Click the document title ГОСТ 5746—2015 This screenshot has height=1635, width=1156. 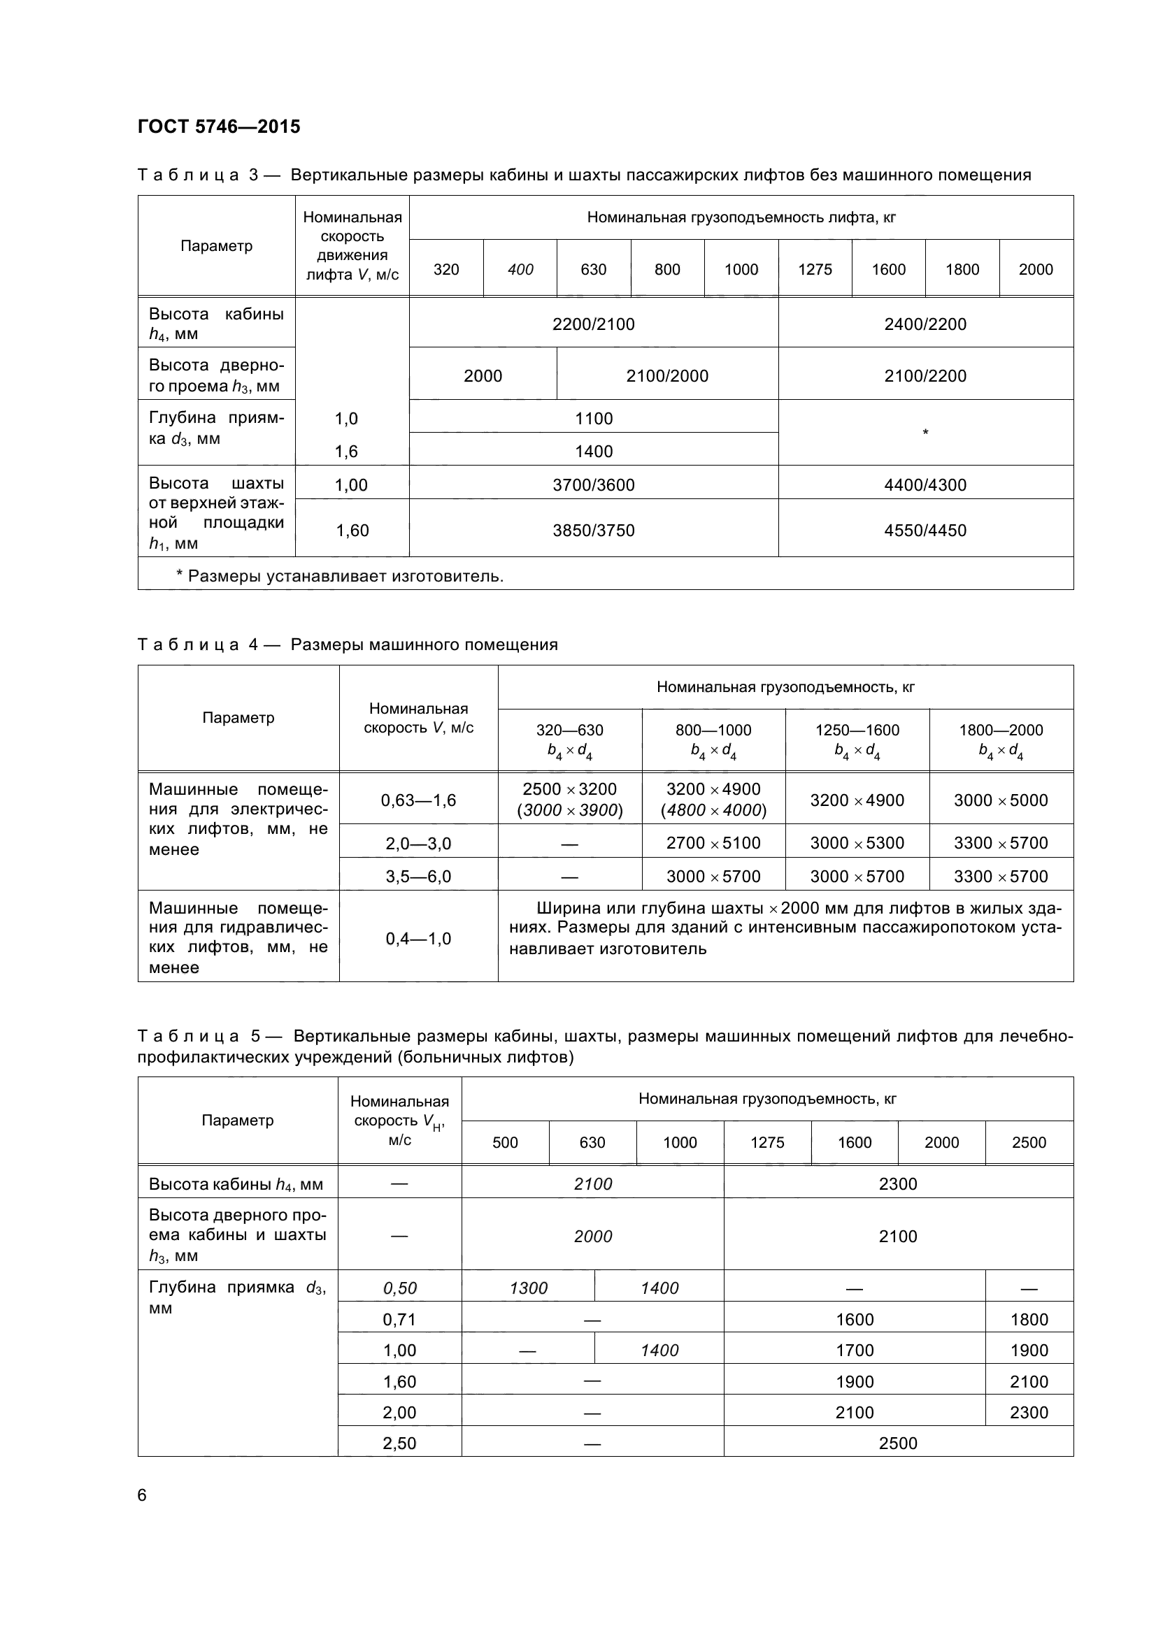tap(219, 127)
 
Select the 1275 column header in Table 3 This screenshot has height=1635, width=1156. tap(815, 269)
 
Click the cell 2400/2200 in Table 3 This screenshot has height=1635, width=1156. tap(925, 324)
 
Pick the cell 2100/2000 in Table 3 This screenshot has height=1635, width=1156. tap(667, 376)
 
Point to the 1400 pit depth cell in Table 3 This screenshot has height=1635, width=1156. tap(593, 452)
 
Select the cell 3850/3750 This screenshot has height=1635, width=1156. tap(593, 531)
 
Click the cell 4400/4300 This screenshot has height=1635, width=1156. tap(925, 485)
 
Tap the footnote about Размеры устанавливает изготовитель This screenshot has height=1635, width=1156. tap(340, 576)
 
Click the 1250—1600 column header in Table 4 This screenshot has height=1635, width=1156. tap(857, 730)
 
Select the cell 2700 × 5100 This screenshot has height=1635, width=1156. tap(713, 843)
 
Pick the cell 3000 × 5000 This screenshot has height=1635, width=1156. tap(1001, 800)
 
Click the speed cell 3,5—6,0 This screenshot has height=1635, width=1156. tap(418, 877)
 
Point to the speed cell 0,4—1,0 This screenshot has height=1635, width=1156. tap(418, 939)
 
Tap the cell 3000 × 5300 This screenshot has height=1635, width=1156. tap(857, 843)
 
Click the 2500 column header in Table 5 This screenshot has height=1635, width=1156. tap(1029, 1143)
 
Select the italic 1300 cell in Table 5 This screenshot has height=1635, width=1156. tap(529, 1288)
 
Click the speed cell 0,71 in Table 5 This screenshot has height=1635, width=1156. tap(399, 1320)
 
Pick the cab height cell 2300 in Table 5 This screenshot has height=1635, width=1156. tap(897, 1184)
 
